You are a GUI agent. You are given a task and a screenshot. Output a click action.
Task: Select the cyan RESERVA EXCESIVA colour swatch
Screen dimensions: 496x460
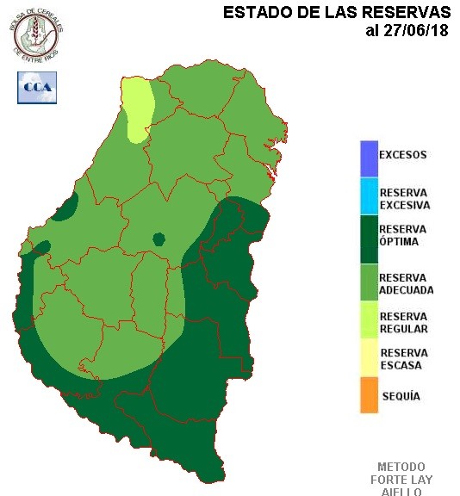[370, 197]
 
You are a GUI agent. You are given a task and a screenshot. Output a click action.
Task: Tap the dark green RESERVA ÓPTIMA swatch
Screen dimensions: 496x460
[370, 236]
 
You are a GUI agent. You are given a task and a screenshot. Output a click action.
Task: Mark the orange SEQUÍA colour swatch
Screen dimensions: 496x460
[370, 395]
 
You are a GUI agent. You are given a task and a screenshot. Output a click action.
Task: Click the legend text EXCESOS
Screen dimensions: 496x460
[403, 155]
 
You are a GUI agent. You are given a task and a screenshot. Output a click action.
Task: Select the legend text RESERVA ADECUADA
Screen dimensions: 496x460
[406, 284]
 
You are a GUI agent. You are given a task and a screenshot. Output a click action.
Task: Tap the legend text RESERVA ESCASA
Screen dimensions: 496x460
[404, 359]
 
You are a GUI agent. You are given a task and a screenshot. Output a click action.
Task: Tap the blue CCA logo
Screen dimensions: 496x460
[37, 87]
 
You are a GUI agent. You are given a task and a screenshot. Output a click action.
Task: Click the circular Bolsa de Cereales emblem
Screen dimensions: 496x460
[37, 32]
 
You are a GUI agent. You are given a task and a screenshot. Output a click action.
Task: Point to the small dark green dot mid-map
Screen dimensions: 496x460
[159, 239]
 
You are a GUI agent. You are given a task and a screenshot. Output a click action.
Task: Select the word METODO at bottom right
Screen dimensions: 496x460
[401, 467]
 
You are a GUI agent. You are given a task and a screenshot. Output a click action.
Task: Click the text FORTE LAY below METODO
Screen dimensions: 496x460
[401, 480]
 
